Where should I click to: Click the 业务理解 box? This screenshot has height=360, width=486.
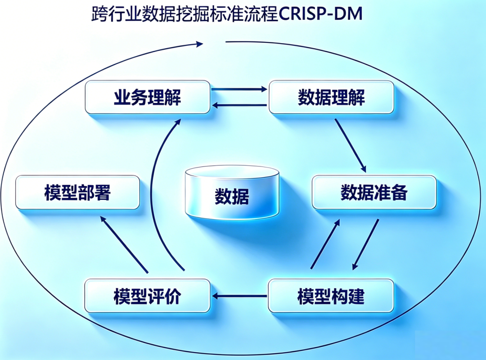148,97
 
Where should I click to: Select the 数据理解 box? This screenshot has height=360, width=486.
331,97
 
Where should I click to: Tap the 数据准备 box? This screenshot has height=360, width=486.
374,192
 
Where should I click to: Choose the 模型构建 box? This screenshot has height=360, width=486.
331,296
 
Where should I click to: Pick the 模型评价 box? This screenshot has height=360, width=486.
147,296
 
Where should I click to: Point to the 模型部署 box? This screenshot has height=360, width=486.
77,192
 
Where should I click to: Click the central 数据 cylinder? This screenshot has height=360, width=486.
232,193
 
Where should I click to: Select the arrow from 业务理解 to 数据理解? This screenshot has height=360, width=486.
239,89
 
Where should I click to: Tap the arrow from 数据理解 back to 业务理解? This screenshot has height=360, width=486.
239,105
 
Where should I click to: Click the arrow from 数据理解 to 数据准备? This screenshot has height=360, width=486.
351,146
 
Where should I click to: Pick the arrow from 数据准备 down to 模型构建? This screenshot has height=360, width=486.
365,245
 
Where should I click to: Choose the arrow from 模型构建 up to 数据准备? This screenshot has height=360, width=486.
325,244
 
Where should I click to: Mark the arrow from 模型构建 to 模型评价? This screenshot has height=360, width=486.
239,296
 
